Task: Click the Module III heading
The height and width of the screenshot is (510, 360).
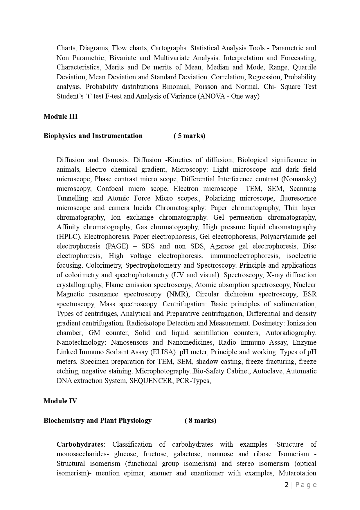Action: point(60,117)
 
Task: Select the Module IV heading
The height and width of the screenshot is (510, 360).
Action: point(60,401)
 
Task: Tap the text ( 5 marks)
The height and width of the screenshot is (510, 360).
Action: point(189,136)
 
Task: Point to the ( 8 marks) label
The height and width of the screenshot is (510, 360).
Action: point(200,420)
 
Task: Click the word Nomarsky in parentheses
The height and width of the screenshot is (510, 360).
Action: point(299,179)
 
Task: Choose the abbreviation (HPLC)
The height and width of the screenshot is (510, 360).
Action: point(68,237)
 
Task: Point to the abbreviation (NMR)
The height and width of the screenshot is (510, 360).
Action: point(178,294)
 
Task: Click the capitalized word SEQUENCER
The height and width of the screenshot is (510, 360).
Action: point(151,381)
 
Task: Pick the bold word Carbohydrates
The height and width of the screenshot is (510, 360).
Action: point(80,444)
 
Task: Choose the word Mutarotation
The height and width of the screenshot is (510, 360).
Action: point(297,473)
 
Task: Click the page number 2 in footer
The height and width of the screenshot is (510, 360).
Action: point(287,485)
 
